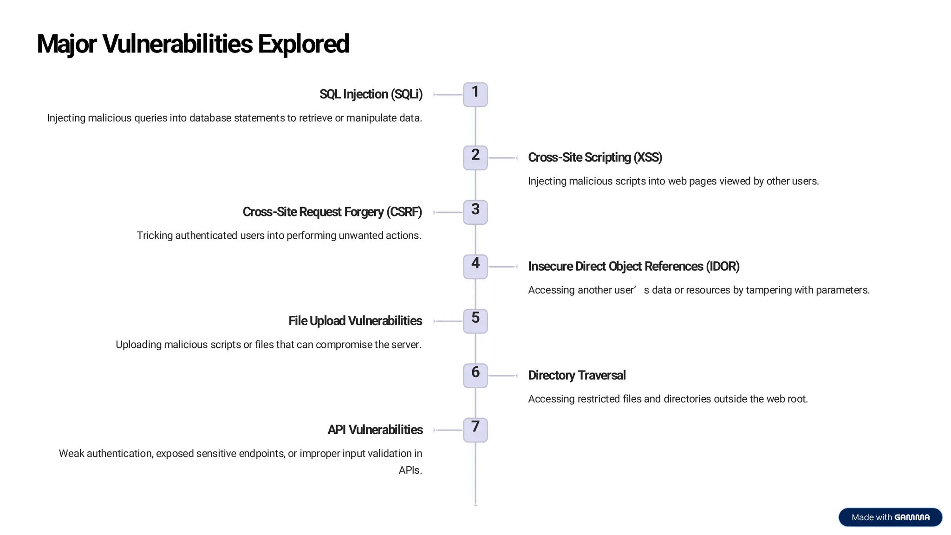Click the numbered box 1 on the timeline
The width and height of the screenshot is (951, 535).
tap(475, 95)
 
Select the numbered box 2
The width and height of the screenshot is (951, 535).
tap(475, 158)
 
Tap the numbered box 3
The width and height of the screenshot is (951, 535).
tap(475, 212)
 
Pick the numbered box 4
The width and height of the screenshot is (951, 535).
tap(475, 267)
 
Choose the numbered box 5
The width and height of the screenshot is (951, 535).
tap(475, 321)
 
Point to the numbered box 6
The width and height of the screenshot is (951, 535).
tap(475, 375)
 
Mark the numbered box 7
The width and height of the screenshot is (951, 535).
tap(475, 430)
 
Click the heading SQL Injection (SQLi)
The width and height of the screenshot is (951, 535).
tap(371, 94)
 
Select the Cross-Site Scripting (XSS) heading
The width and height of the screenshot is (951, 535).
tap(595, 157)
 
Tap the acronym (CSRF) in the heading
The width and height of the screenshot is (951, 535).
tap(405, 212)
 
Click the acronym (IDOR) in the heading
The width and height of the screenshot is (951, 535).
tap(722, 266)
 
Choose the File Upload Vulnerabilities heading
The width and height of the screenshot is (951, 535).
tap(355, 321)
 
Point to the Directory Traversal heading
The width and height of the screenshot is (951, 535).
tap(577, 375)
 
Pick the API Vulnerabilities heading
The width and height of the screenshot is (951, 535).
tap(375, 430)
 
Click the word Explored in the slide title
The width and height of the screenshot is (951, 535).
tap(303, 44)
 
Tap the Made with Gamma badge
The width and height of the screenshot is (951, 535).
tap(890, 517)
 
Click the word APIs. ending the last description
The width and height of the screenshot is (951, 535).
tap(410, 470)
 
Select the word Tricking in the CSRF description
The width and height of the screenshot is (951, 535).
tap(155, 235)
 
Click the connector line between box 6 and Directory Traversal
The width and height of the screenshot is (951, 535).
tap(502, 375)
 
